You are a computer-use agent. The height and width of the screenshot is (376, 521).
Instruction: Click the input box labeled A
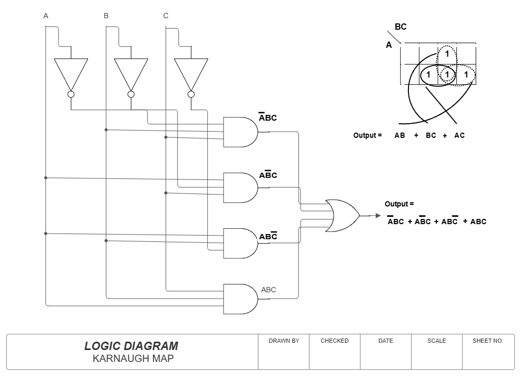click(46, 16)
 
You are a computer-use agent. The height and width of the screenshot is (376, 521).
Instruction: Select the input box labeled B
click(106, 16)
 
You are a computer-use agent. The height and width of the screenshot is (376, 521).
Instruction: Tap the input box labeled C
click(166, 16)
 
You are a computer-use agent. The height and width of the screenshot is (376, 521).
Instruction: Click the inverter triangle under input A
click(71, 73)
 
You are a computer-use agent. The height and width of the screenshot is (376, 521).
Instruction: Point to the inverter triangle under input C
click(191, 73)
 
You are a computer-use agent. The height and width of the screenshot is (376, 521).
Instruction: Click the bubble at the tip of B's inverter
click(131, 94)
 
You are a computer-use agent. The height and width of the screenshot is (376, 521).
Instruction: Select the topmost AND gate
click(240, 132)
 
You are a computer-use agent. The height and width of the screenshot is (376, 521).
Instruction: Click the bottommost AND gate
click(240, 299)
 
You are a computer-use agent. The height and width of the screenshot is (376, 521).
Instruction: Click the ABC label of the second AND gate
click(268, 175)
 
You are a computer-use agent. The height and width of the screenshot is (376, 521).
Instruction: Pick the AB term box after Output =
click(400, 135)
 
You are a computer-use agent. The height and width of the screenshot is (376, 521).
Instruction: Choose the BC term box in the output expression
click(431, 135)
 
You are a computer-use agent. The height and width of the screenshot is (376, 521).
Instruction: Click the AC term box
click(460, 135)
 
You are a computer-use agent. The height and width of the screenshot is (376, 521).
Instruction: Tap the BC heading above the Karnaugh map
click(400, 27)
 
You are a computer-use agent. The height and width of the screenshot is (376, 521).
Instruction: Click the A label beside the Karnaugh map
click(389, 45)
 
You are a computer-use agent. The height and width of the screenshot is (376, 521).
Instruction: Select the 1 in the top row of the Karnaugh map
click(447, 54)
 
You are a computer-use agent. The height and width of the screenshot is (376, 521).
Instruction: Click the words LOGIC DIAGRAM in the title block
click(131, 346)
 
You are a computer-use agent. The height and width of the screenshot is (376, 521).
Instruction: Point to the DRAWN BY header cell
click(284, 341)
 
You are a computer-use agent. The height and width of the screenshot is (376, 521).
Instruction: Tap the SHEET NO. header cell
click(488, 341)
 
